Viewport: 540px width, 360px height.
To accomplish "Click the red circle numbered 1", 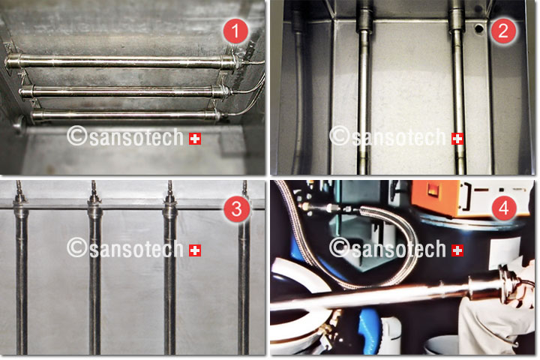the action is tap(235, 31).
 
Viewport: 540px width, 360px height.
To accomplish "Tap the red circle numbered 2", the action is tap(503, 31).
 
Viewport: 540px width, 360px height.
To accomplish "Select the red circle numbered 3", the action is tap(236, 208).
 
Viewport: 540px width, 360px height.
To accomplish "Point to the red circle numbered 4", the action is tap(504, 208).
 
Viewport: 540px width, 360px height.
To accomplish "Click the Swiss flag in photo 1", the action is tap(195, 139).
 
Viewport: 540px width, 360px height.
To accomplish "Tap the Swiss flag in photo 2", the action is tap(457, 139).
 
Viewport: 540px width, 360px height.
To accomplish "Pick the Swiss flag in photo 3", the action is tap(195, 250).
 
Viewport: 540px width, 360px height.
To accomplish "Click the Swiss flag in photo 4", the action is tap(457, 250).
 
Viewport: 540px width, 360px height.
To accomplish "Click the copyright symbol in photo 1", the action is tap(77, 136).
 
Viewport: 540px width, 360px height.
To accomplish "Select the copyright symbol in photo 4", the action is tap(340, 247).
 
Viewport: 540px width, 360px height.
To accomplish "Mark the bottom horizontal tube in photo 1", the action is tap(126, 115).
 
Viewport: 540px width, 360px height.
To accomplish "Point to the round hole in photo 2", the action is tap(478, 29).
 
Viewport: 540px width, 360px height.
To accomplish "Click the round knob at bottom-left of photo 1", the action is tap(19, 124).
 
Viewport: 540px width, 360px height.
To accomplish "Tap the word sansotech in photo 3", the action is tap(136, 249).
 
